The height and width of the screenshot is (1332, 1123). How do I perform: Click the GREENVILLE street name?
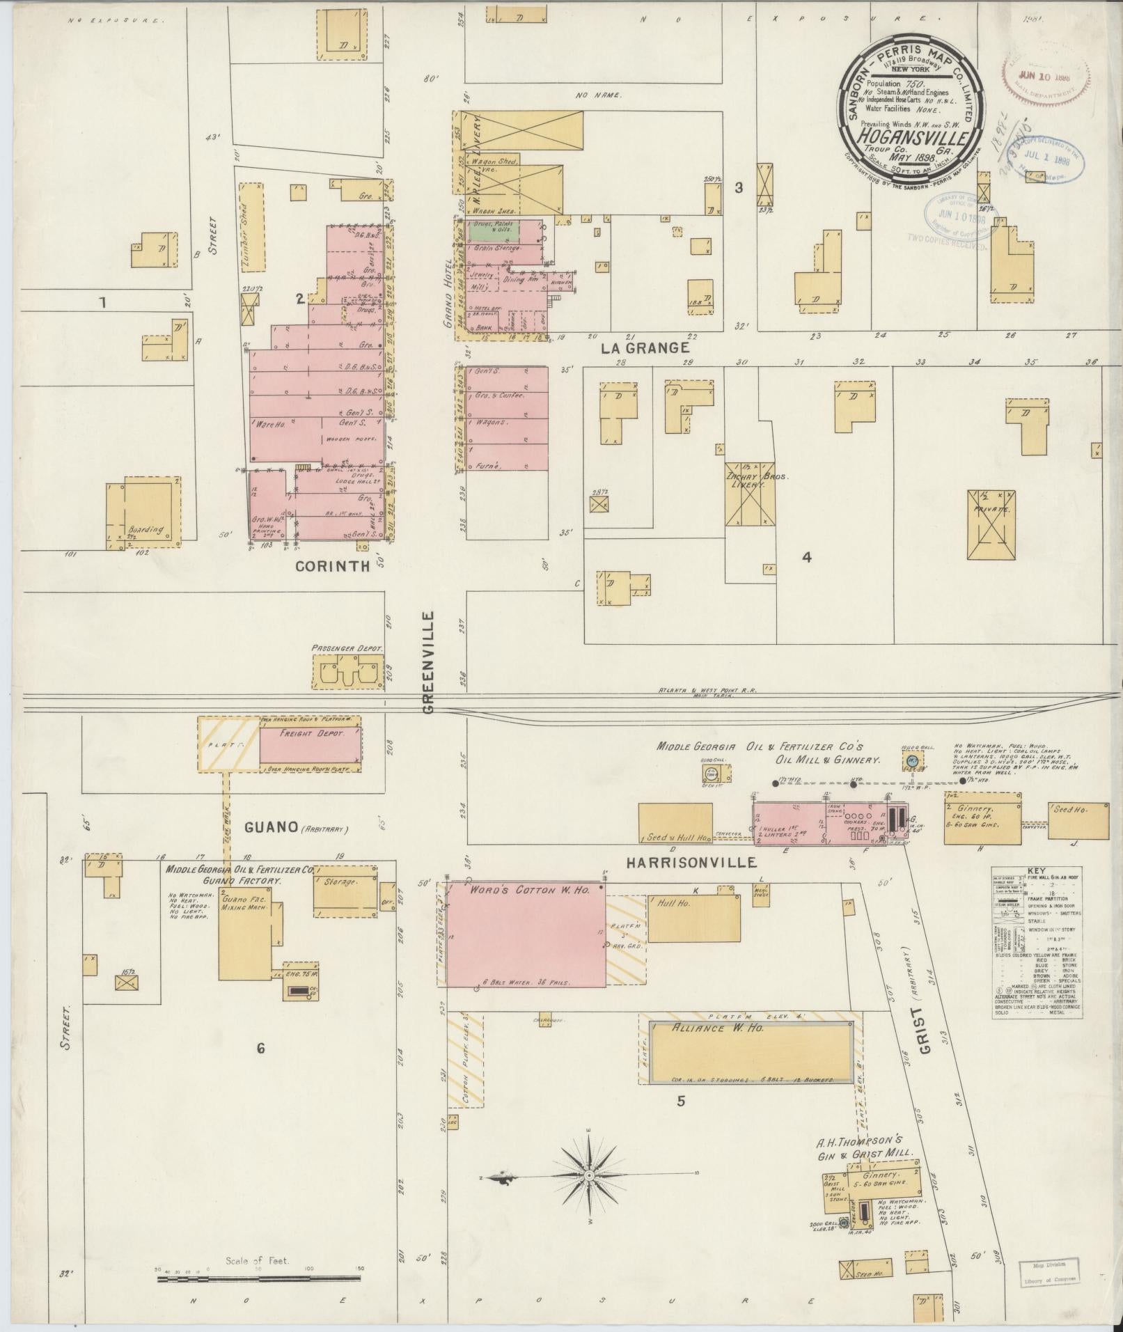pos(428,662)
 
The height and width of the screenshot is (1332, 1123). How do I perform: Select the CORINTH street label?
pos(332,566)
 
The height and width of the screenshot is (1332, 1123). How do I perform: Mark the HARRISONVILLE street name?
pos(691,863)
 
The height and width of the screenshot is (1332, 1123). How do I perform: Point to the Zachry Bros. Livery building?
pos(749,493)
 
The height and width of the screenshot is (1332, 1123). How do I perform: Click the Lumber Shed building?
pos(251,226)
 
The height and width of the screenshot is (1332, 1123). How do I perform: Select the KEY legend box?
pos(1037,942)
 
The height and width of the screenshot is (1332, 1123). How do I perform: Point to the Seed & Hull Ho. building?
pos(675,824)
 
